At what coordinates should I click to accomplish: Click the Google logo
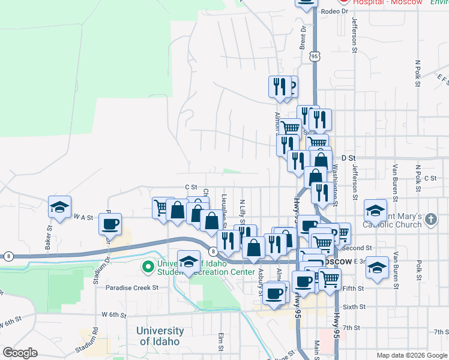coord(20,353)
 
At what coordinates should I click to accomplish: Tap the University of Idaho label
coord(160,336)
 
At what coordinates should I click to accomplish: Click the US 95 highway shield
coord(315,56)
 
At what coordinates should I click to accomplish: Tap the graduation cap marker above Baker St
coord(59,207)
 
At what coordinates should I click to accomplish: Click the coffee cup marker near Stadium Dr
coord(110,224)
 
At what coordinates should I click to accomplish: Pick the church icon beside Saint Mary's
coord(430,220)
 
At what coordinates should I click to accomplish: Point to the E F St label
coord(442,79)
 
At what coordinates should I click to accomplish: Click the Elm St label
coord(221,342)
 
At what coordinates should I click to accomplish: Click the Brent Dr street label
coord(303,37)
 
